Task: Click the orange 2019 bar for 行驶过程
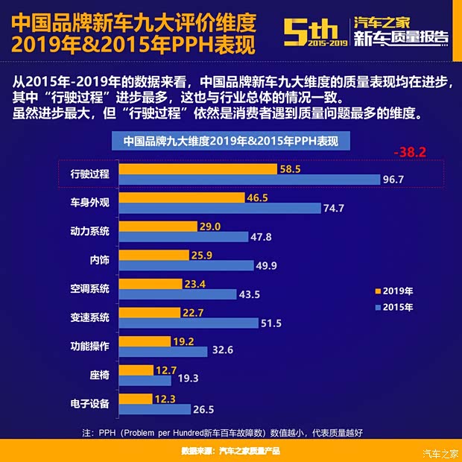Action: coord(197,169)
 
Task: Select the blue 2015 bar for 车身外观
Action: coord(219,209)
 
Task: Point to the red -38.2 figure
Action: coord(410,152)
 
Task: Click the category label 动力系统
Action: coord(89,230)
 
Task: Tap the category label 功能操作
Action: coord(89,346)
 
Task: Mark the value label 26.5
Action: coord(203,409)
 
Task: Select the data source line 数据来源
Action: coord(230,451)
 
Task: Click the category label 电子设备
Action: coord(89,404)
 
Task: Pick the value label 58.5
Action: coord(290,169)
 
